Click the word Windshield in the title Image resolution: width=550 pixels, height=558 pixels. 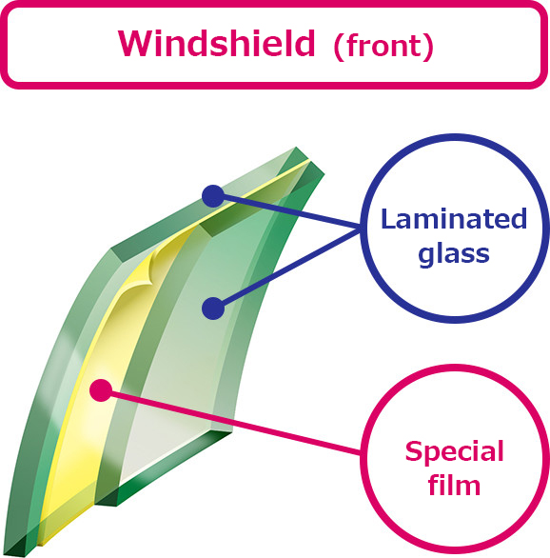click(x=217, y=44)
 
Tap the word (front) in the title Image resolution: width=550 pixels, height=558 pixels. click(x=383, y=47)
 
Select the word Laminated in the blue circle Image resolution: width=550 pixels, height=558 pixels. click(x=454, y=218)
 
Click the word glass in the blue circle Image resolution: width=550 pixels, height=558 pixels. click(x=454, y=254)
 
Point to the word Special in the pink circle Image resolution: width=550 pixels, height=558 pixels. click(x=455, y=452)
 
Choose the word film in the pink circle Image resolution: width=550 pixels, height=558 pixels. click(x=454, y=485)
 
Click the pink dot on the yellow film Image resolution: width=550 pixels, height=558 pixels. click(x=101, y=390)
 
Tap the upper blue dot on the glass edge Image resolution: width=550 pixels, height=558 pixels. click(x=213, y=196)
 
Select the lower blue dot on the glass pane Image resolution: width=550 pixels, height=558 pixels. click(x=213, y=309)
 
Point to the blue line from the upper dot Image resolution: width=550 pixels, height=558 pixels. click(x=287, y=211)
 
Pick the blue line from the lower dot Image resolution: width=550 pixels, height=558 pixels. click(x=287, y=269)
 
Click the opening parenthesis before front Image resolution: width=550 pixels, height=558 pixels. click(x=340, y=47)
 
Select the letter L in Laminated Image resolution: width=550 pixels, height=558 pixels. click(x=388, y=218)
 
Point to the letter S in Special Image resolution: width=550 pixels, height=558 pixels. click(x=413, y=451)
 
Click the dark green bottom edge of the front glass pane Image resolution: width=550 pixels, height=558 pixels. click(x=164, y=469)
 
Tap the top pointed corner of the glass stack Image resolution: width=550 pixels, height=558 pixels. click(x=296, y=148)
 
